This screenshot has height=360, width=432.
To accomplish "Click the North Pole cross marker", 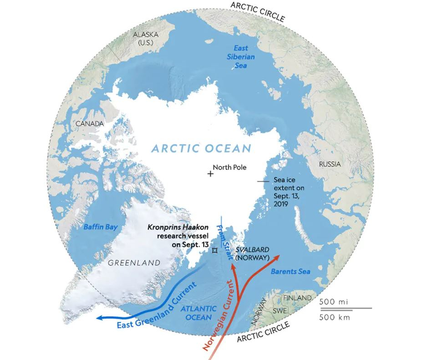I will point(210,174).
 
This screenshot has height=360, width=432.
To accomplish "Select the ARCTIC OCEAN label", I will point(201,148).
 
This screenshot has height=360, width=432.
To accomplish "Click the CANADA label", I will point(90,123).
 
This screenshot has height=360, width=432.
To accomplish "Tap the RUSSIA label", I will point(329,164).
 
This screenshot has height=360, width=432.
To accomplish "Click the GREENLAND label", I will point(134,262).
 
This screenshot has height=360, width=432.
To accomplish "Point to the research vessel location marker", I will point(214,250).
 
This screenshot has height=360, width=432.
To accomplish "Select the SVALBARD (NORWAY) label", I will point(252,254).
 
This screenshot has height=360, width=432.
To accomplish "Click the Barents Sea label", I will point(290,272).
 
